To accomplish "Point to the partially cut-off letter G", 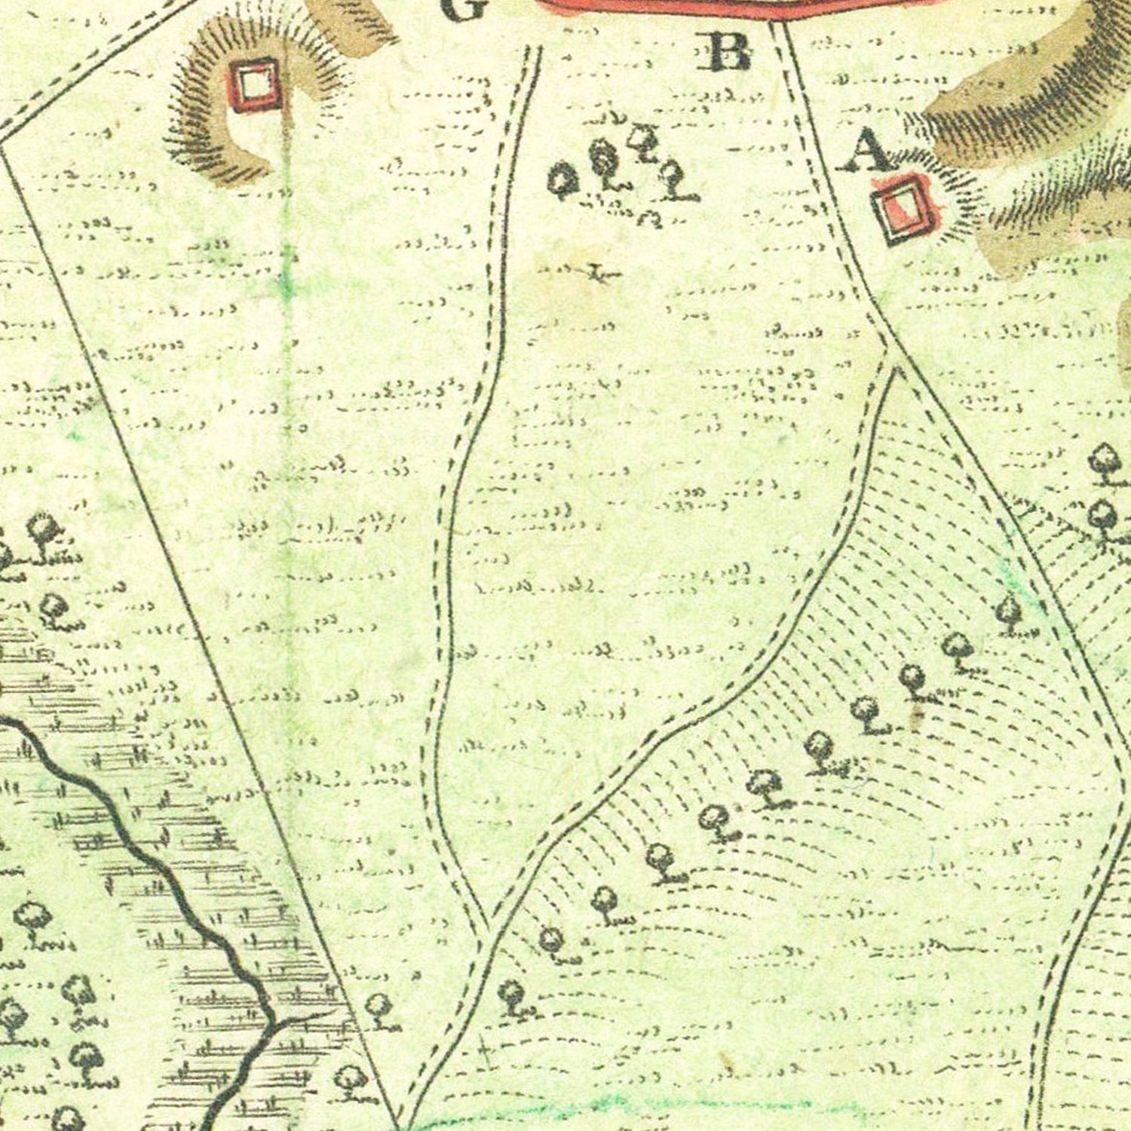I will tap(461, 9).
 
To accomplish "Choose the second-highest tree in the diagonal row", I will tap(958, 647).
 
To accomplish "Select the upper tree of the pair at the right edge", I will tap(1105, 458).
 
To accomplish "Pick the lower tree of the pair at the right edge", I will tap(1102, 516).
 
